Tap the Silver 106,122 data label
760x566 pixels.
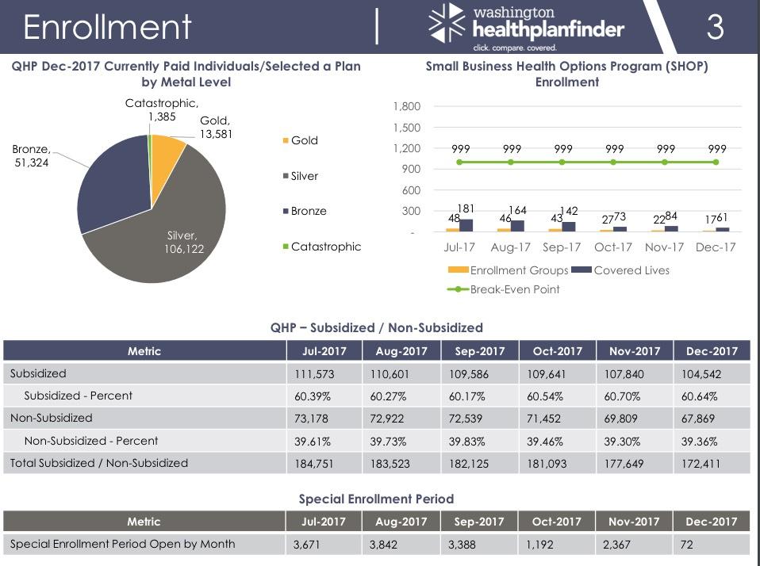[x=186, y=242]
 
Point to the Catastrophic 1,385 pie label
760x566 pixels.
[x=162, y=110]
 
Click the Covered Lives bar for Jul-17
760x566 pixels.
[x=466, y=225]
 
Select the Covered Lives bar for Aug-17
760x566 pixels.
[x=517, y=226]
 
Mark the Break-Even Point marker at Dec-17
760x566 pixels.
[x=716, y=162]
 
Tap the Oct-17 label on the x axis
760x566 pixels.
[x=613, y=247]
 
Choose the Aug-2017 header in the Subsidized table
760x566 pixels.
[x=401, y=351]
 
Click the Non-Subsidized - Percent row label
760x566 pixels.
[x=91, y=441]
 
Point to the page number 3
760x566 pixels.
[x=715, y=27]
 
